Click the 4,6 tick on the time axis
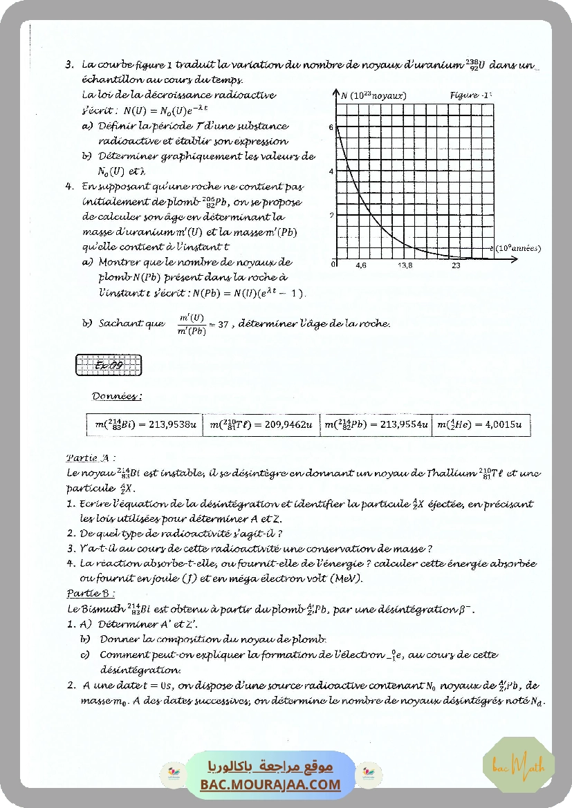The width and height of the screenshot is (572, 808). click(361, 265)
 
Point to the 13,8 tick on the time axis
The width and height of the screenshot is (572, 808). click(405, 265)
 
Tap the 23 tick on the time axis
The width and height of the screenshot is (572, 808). click(456, 265)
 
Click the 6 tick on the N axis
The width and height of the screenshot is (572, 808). click(331, 128)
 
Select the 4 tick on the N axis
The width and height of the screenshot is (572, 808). click(331, 171)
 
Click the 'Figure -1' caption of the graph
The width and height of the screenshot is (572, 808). click(470, 95)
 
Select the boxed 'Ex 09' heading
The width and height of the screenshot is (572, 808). click(108, 366)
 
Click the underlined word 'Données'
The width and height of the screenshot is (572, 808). click(117, 397)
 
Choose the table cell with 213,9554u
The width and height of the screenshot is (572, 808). click(377, 425)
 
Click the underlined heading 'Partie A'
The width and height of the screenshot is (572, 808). click(90, 458)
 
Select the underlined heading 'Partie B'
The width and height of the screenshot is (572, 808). click(91, 593)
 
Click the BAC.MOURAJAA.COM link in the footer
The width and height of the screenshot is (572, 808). click(270, 784)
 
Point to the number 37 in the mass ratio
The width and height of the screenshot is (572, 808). click(223, 324)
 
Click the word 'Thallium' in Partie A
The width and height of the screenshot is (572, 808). click(450, 473)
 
